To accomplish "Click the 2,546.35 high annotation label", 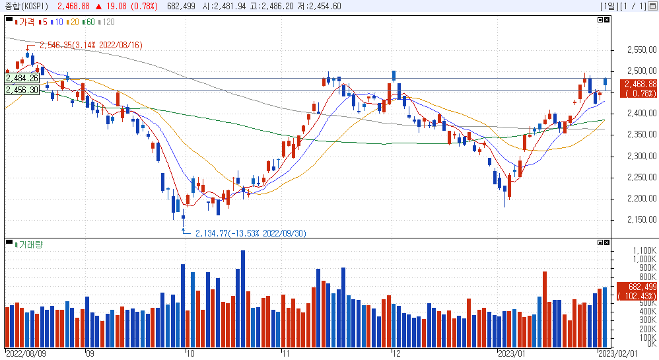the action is click(x=91, y=45).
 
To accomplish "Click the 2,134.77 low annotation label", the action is click(x=251, y=233).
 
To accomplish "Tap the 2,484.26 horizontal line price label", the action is click(x=22, y=78).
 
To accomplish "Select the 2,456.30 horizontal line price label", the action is click(x=22, y=90).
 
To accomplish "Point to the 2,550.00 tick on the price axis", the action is click(x=642, y=50).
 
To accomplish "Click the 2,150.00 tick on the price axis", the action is click(x=642, y=219).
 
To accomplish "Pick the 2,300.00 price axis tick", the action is click(x=642, y=156).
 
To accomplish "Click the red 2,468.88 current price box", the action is click(x=638, y=89).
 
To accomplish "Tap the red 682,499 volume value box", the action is click(x=637, y=291).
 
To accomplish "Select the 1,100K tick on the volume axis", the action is click(x=644, y=250).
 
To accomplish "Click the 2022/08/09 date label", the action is click(x=26, y=353).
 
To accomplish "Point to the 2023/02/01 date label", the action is click(x=618, y=353).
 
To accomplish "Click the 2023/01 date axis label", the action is click(x=512, y=353).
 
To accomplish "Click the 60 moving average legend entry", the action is click(x=88, y=22).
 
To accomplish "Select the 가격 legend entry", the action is click(x=25, y=22).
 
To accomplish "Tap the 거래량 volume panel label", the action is click(x=29, y=244).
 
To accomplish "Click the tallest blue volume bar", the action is click(x=243, y=299).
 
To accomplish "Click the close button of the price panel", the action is click(x=607, y=20).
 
